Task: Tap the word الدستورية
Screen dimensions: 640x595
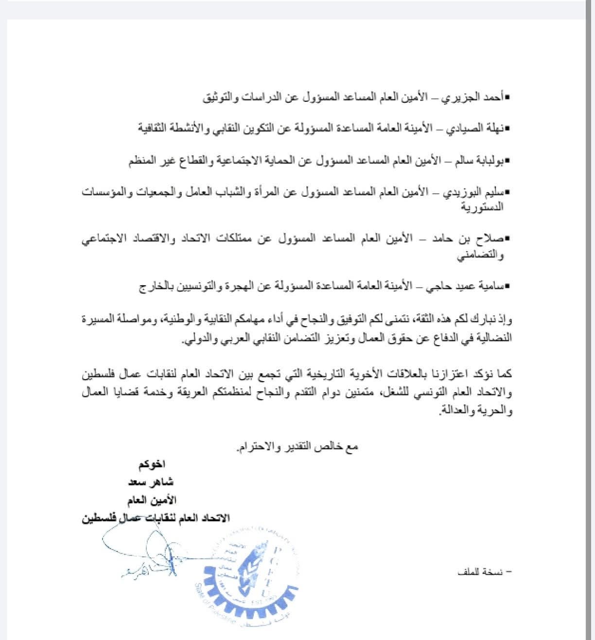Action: coord(481,207)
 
